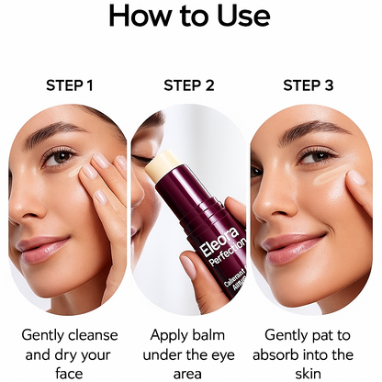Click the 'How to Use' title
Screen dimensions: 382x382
190,17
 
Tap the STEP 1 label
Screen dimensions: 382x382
70,86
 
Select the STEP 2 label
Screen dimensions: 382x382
189,86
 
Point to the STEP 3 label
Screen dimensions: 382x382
309,86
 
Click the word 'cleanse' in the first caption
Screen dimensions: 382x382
95,335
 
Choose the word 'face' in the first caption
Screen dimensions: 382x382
70,374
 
